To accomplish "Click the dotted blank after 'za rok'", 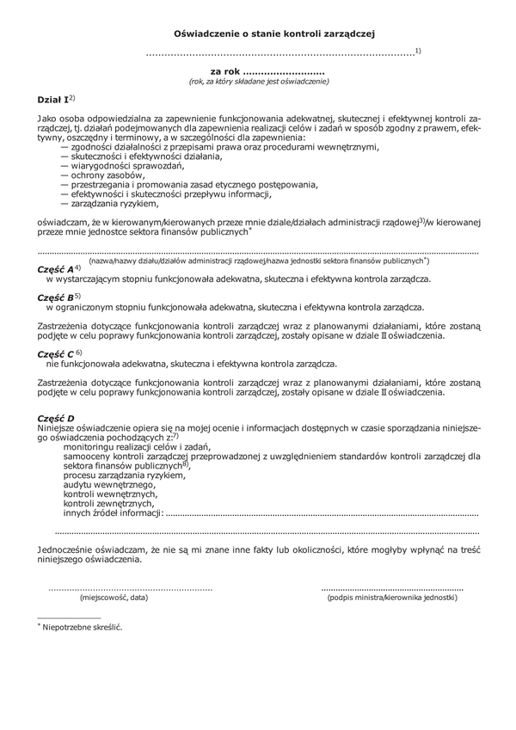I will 284,71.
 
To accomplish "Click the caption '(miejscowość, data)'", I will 114,597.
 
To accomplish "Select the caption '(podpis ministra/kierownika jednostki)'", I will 392,597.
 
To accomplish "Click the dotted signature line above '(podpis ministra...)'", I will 392,587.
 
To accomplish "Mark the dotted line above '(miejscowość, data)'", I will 130,587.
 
